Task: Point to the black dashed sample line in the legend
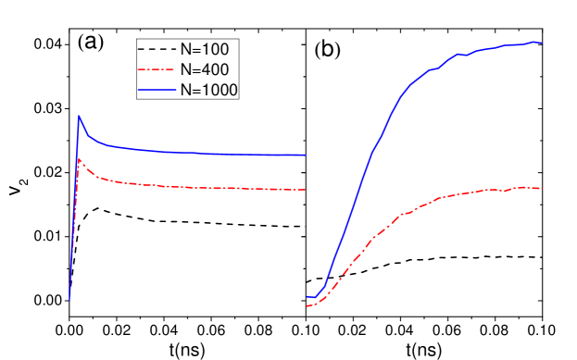pos(155,48)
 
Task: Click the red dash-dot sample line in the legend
pos(155,68)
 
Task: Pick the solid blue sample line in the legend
pos(155,89)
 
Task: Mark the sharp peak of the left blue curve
pos(79,116)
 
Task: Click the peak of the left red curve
pos(79,159)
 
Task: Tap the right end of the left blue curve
pos(306,155)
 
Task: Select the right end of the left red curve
pos(306,190)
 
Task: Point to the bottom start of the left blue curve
pos(69,299)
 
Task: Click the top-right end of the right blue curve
pos(541,43)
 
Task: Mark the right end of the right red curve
pos(541,189)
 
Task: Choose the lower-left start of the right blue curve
pos(307,297)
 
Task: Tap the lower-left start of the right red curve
pos(307,305)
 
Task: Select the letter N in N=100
pos(184,48)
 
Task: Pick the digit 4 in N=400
pos(203,68)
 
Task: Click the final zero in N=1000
pos(233,89)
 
